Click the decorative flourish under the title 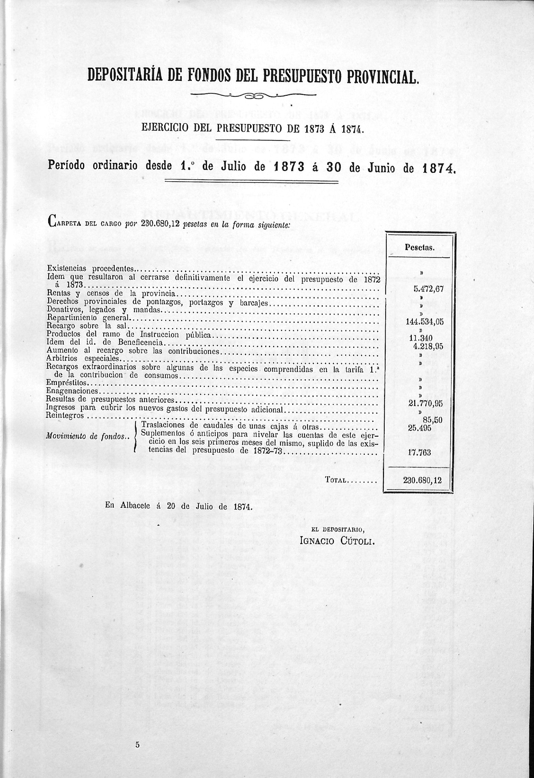(x=253, y=96)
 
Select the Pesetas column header (x=419, y=247)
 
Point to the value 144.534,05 (x=424, y=322)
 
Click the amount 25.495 (x=419, y=428)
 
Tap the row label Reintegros (x=65, y=416)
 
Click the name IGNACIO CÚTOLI (x=336, y=541)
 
